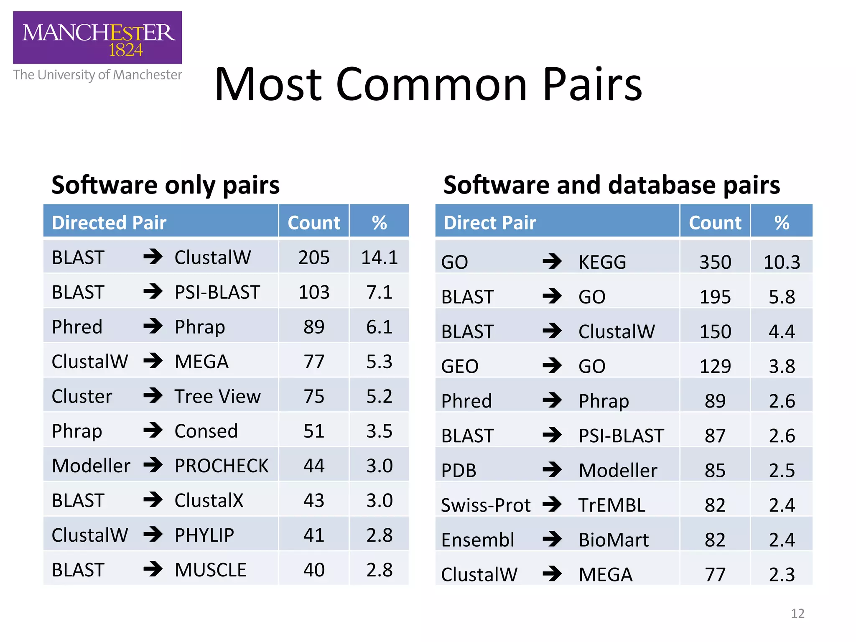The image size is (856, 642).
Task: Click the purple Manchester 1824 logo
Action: (x=97, y=38)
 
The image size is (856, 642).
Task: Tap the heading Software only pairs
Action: (x=166, y=185)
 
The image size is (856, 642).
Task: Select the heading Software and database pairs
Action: (x=611, y=185)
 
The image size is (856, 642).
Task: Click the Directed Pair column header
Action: (x=109, y=222)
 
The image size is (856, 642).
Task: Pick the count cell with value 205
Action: (x=314, y=257)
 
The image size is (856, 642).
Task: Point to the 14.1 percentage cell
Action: (x=379, y=257)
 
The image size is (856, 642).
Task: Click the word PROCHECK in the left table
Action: (x=221, y=466)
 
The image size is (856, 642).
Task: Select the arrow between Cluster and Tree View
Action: (x=153, y=396)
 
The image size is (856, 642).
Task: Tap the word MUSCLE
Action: (x=210, y=570)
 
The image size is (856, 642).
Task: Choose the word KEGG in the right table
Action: (x=602, y=262)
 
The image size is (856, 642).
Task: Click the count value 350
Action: (x=715, y=262)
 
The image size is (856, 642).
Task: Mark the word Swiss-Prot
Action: (x=485, y=505)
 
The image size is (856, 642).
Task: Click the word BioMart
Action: (x=614, y=540)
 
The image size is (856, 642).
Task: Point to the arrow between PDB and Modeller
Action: (x=552, y=470)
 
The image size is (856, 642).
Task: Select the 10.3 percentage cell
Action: (x=782, y=262)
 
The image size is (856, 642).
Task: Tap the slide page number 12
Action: (x=797, y=613)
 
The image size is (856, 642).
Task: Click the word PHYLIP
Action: (x=204, y=535)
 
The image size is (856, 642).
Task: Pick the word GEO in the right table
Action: (x=459, y=366)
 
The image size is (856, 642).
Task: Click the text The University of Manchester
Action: (x=97, y=75)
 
